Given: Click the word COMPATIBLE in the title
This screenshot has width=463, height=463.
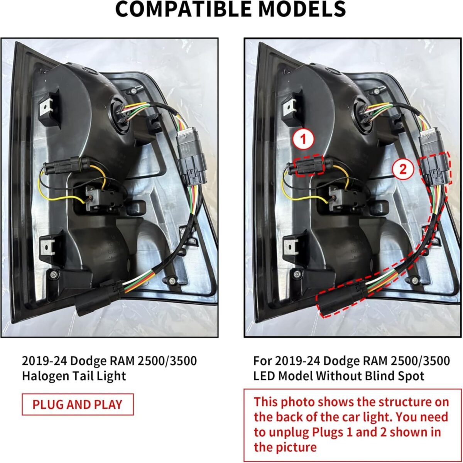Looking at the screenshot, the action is point(184,9).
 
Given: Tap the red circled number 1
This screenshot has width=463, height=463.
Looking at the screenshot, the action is point(304,139).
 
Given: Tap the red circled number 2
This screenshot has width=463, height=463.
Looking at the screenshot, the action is point(403,170).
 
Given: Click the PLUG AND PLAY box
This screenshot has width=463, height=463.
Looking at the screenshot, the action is point(78,404).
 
